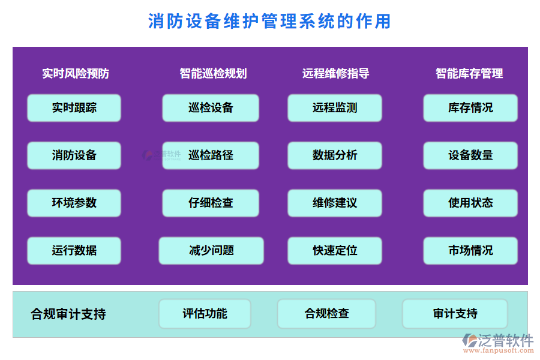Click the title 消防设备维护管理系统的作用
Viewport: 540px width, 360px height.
pyautogui.click(x=269, y=22)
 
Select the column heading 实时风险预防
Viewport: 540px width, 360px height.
pyautogui.click(x=76, y=74)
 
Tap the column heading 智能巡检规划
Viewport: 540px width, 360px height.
pyautogui.click(x=213, y=74)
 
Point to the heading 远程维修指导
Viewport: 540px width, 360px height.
pyautogui.click(x=335, y=74)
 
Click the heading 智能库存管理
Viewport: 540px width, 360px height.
pyautogui.click(x=469, y=74)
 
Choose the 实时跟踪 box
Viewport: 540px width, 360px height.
pyautogui.click(x=74, y=108)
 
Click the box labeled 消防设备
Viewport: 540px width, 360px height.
pyautogui.click(x=74, y=155)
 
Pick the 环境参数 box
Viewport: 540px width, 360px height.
pyautogui.click(x=74, y=203)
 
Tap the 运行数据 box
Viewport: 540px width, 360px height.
pyautogui.click(x=74, y=251)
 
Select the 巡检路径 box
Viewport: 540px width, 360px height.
pyautogui.click(x=211, y=155)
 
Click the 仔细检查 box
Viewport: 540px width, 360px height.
pyautogui.click(x=211, y=203)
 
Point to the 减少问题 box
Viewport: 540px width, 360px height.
pyautogui.click(x=211, y=251)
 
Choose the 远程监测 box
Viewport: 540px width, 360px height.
pyautogui.click(x=335, y=108)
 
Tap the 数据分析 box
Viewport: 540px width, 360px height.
pyautogui.click(x=335, y=155)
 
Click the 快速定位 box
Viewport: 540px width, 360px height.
pyautogui.click(x=335, y=251)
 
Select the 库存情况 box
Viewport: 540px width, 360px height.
pyautogui.click(x=470, y=108)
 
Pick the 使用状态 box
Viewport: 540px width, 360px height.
pyautogui.click(x=470, y=203)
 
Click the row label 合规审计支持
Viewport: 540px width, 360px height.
pyautogui.click(x=68, y=314)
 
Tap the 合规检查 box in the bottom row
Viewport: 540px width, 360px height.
pyautogui.click(x=326, y=314)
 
